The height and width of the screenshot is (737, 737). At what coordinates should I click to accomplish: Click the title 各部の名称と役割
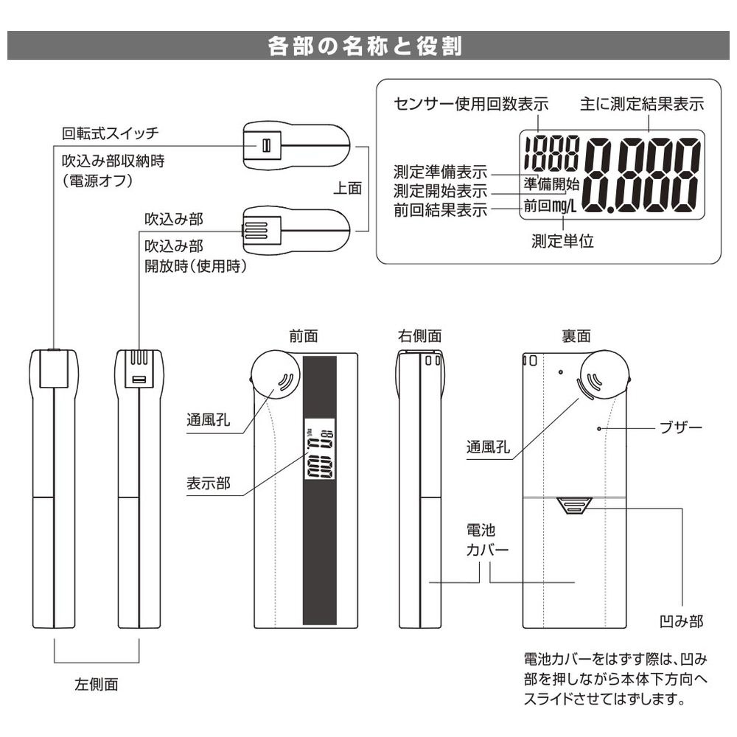[x=366, y=46]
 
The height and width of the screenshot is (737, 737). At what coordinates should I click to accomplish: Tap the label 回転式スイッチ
[x=111, y=133]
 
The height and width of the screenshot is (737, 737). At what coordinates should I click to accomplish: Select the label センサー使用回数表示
[x=471, y=104]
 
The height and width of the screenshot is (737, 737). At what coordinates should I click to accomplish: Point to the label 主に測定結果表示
[x=642, y=104]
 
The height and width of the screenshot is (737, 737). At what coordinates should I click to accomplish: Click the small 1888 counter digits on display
[x=551, y=154]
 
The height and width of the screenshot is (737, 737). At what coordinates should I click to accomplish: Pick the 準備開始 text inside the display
[x=551, y=184]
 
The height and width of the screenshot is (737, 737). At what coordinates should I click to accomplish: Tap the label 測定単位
[x=562, y=241]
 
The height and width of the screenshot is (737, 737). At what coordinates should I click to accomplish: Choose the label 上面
[x=347, y=188]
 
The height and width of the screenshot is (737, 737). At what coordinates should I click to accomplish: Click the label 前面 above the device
[x=304, y=335]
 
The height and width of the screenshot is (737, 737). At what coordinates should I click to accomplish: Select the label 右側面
[x=420, y=335]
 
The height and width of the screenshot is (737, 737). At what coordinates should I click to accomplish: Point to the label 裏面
[x=576, y=335]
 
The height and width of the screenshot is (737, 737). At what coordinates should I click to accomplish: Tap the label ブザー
[x=681, y=427]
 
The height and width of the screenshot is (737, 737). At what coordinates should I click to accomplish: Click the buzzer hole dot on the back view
[x=599, y=429]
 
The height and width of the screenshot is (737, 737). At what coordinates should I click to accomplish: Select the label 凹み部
[x=682, y=621]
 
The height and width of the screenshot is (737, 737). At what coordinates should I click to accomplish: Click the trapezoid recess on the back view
[x=573, y=506]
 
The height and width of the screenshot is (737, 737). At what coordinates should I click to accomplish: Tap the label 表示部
[x=209, y=483]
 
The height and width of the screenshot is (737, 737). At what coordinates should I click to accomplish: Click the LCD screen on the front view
[x=320, y=448]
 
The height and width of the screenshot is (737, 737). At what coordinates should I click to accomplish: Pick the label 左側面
[x=97, y=684]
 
